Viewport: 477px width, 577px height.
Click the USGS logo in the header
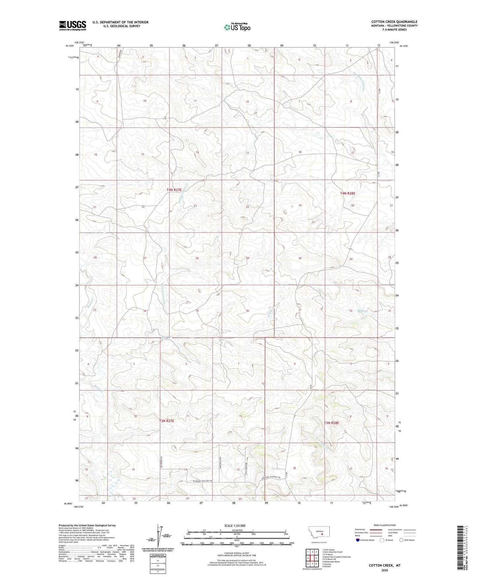coord(72,25)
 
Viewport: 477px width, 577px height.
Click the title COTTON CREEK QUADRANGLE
coord(394,22)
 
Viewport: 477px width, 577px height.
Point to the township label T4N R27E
coord(174,190)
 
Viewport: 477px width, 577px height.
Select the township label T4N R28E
coord(347,193)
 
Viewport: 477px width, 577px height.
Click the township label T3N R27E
coord(166,421)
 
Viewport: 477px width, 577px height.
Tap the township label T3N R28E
coord(331,423)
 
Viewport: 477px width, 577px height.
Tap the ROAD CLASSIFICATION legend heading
coord(385,525)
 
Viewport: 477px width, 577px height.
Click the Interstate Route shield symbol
coord(358,540)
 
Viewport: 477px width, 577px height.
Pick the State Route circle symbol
coord(401,540)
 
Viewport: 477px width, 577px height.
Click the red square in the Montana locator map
coord(322,533)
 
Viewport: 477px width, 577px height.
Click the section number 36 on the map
coord(247,311)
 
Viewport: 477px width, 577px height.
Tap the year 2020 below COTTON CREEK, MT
coord(384,570)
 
